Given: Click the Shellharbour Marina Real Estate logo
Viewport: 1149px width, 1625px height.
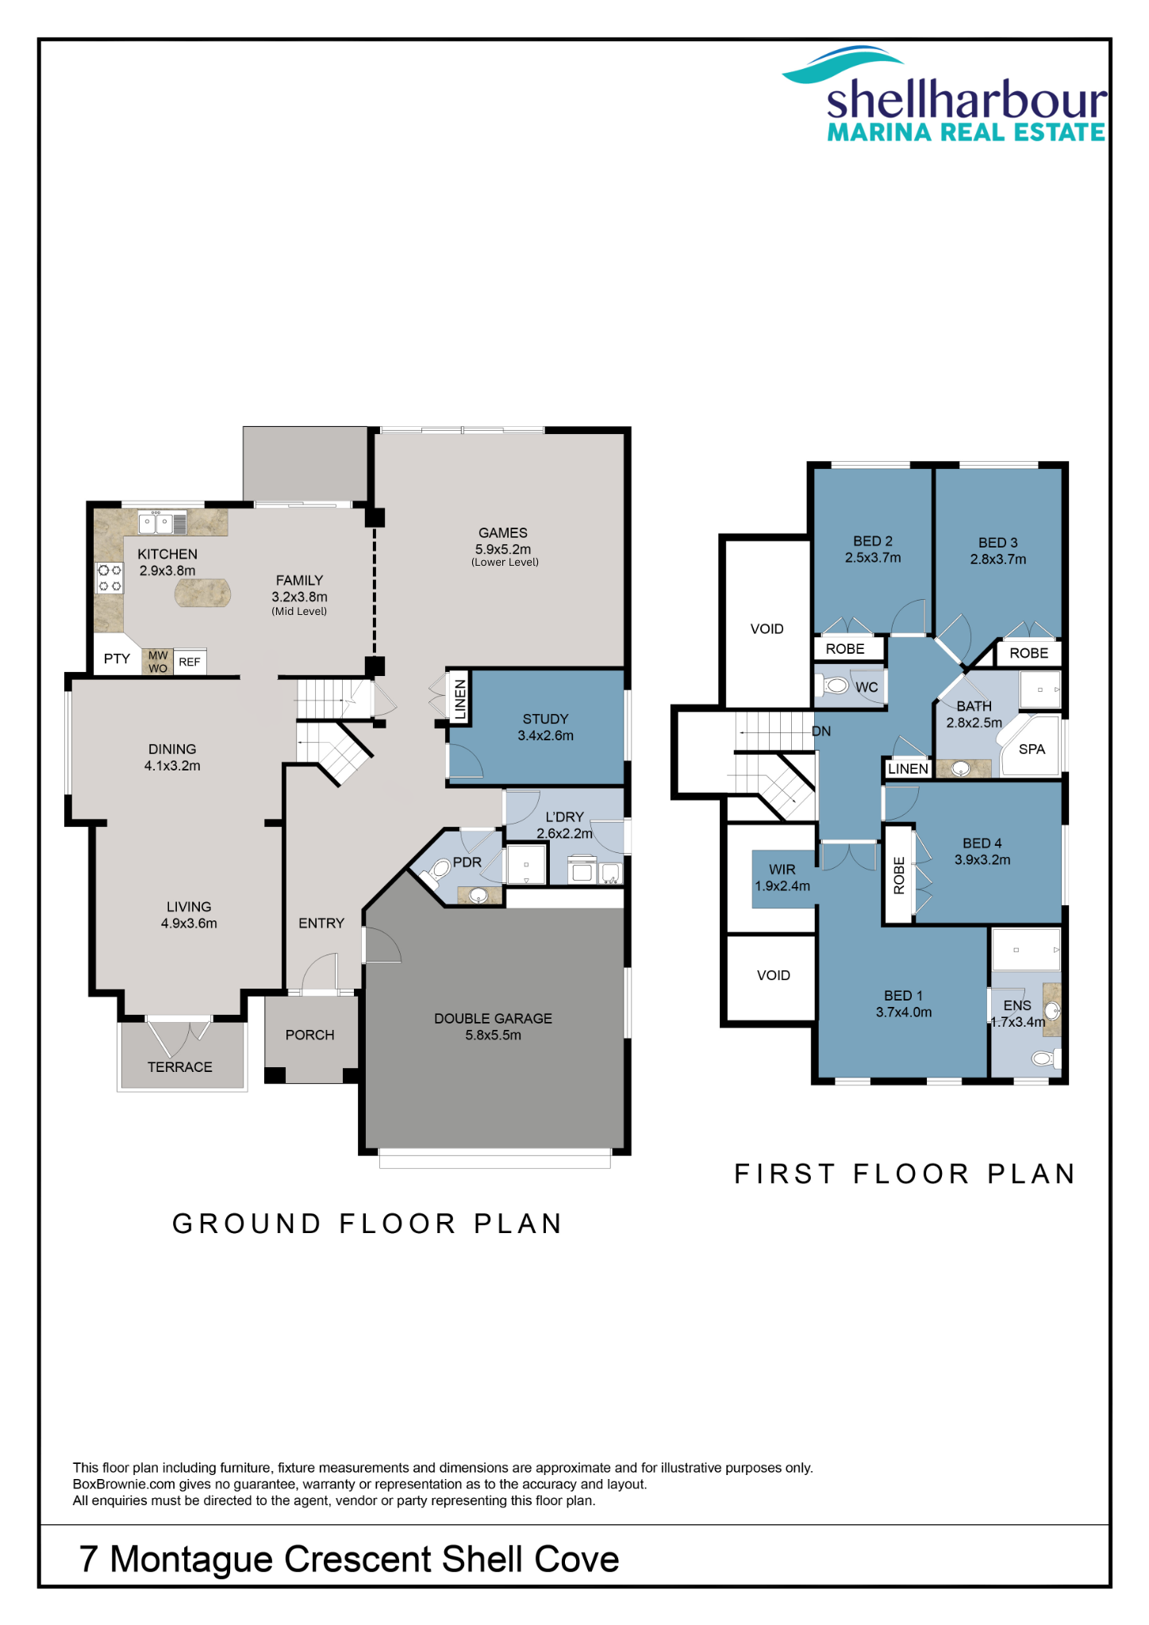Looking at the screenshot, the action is tap(944, 94).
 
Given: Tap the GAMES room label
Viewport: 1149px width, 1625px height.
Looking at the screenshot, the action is tap(503, 533).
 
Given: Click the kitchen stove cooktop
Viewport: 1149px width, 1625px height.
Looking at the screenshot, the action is tap(110, 578).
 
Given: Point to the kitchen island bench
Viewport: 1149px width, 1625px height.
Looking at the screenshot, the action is tap(203, 593).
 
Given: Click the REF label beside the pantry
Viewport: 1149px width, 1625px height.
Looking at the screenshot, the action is tap(190, 662).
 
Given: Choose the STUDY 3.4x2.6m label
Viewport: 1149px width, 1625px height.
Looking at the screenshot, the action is tap(546, 728).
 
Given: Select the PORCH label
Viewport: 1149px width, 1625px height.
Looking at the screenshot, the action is tap(310, 1035).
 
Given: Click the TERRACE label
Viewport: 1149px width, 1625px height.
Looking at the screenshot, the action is tap(180, 1068).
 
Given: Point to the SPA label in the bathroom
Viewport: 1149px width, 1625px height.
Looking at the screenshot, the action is tap(1032, 749).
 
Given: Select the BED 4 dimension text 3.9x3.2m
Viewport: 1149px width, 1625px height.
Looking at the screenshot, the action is tap(982, 860).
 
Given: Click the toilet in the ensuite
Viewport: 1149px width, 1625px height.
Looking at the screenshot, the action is tap(1045, 1058).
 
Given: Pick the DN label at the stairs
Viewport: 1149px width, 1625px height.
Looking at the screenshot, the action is tap(821, 732).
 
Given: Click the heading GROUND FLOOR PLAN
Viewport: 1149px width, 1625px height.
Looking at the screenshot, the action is tap(367, 1224).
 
